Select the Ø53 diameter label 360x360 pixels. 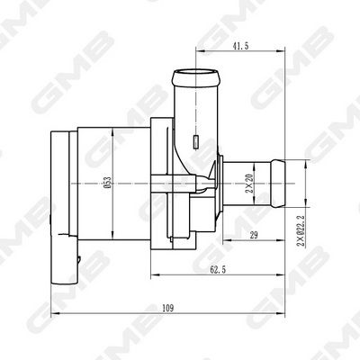coord(106,184)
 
